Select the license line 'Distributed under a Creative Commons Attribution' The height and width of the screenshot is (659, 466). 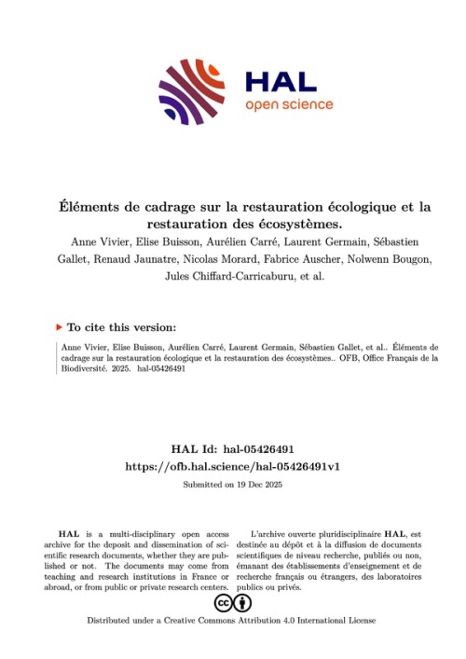point(200,620)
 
